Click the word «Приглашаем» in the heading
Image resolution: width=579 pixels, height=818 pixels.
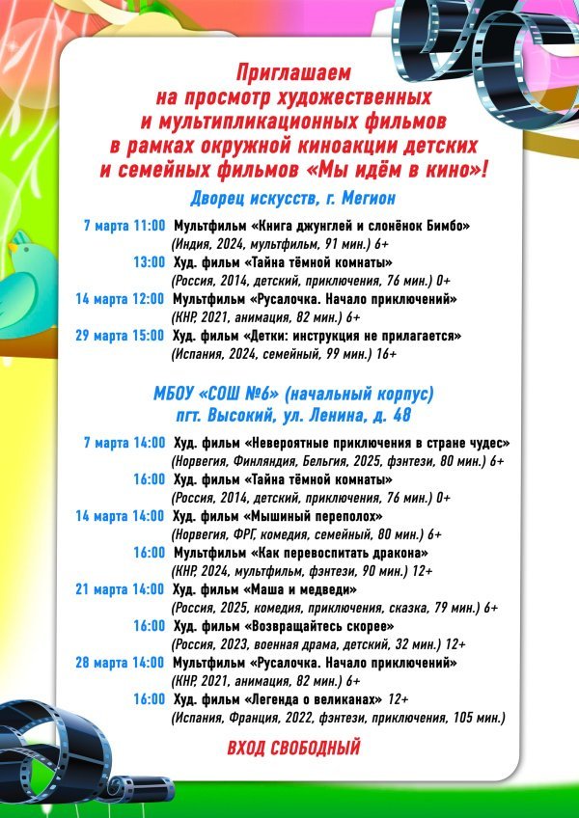point(293,73)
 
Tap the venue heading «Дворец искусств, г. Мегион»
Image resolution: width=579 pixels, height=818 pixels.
point(293,198)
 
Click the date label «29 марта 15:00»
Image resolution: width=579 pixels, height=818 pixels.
point(121,336)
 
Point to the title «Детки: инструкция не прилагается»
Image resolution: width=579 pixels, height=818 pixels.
point(356,336)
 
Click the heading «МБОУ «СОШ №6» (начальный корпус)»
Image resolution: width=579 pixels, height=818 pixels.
point(293,394)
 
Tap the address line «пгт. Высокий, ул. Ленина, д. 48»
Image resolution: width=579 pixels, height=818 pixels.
point(293,415)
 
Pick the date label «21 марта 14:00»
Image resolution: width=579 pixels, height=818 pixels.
point(121,588)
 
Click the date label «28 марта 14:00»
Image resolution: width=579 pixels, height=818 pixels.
point(121,663)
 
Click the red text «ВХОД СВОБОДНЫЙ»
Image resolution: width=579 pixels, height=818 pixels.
point(293,748)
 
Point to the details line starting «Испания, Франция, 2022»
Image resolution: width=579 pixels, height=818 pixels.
point(338,718)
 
